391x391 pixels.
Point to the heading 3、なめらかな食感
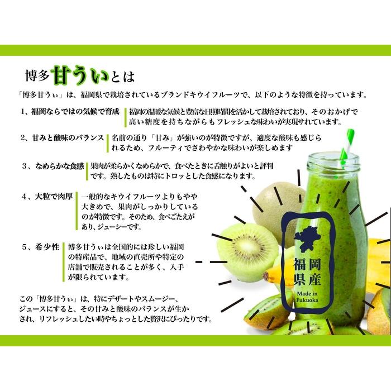pos(53,166)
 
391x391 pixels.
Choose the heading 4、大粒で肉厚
pos(47,197)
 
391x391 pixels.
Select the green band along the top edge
pos(195,50)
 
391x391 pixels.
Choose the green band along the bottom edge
pos(195,340)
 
